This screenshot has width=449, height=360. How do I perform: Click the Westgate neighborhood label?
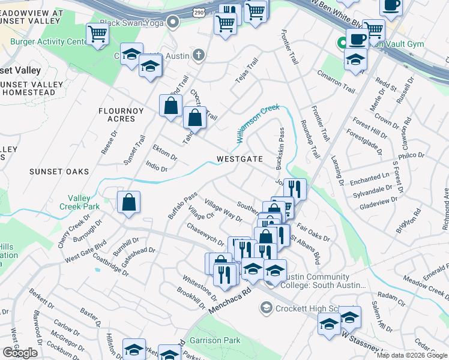pos(240,159)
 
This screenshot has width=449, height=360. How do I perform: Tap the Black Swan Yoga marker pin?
pos(173,23)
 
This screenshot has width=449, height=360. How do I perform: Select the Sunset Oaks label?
pos(59,172)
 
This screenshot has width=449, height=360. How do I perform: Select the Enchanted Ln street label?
pos(369,178)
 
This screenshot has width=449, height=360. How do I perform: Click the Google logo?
pos(20,353)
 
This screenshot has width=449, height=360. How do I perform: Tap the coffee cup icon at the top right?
pos(391,6)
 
